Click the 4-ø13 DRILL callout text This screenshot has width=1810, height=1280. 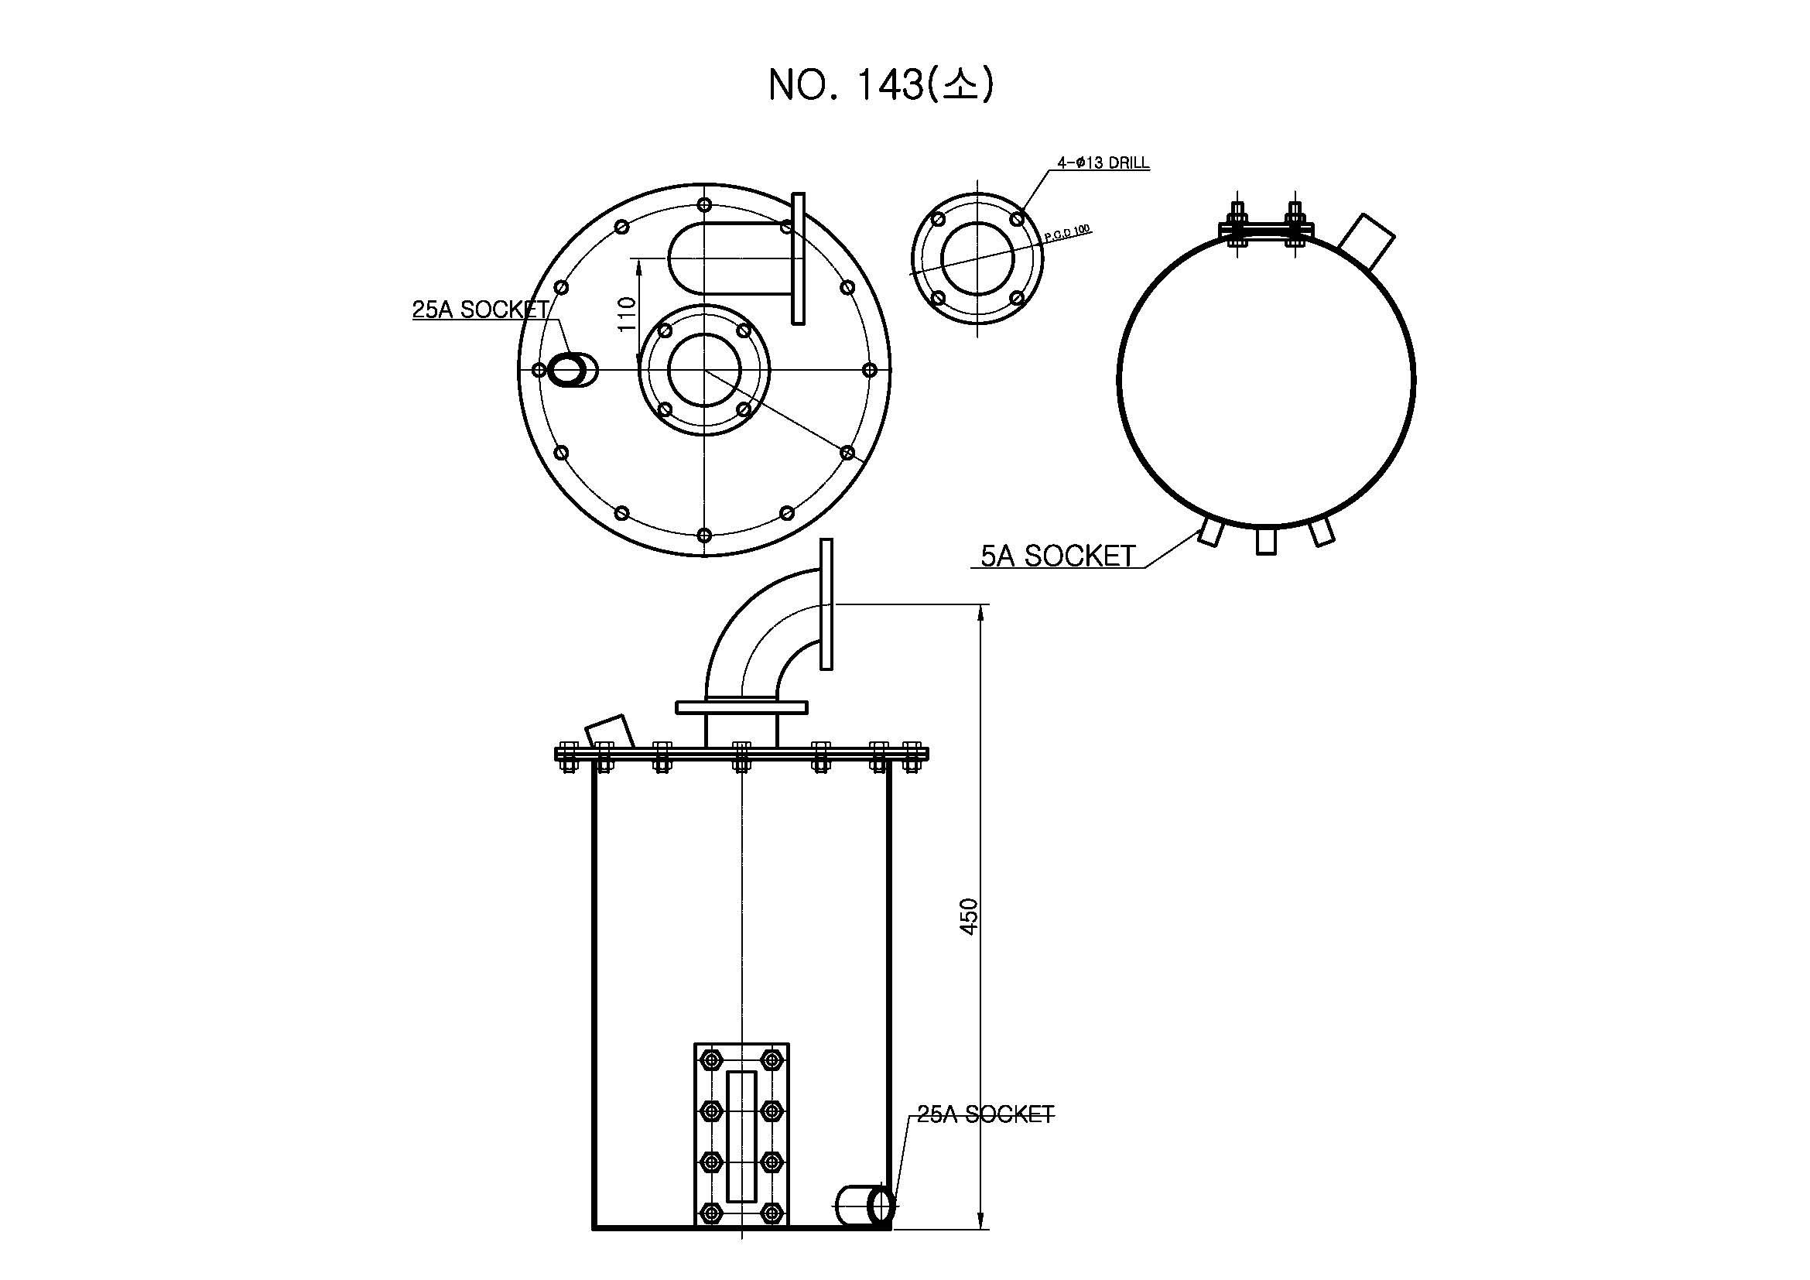click(1103, 163)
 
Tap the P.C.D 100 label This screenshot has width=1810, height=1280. click(1067, 233)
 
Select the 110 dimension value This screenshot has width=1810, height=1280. click(627, 313)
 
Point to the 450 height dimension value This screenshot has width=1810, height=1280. click(969, 916)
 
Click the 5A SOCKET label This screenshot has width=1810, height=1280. click(1057, 556)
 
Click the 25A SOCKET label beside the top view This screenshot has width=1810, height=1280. click(480, 310)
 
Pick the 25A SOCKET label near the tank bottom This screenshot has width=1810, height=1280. click(985, 1114)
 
